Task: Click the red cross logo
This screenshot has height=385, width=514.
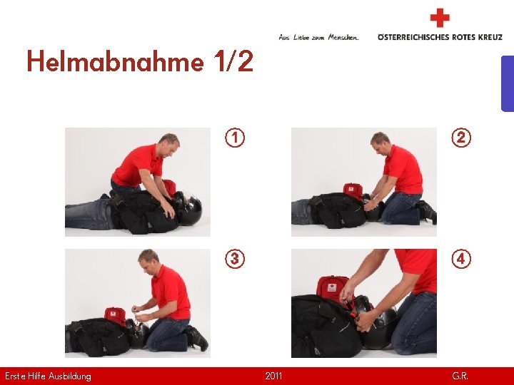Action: pyautogui.click(x=440, y=18)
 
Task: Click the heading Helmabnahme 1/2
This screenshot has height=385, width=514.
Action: pyautogui.click(x=140, y=61)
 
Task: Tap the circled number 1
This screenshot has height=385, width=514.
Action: pyautogui.click(x=235, y=138)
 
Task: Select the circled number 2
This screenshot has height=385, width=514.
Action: pyautogui.click(x=461, y=138)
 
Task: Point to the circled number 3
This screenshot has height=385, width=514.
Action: pyautogui.click(x=235, y=259)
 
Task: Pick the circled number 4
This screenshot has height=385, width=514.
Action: pyautogui.click(x=461, y=259)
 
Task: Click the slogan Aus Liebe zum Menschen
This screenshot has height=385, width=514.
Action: pyautogui.click(x=318, y=37)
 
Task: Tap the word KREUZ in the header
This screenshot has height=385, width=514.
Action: pyautogui.click(x=490, y=37)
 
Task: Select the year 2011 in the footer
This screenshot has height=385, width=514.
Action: pyautogui.click(x=273, y=376)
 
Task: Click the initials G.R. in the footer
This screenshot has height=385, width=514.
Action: pyautogui.click(x=460, y=376)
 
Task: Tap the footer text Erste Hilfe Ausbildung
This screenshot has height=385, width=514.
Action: pyautogui.click(x=49, y=376)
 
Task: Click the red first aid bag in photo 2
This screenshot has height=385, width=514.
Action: pyautogui.click(x=353, y=190)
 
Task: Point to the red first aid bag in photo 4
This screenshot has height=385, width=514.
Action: pyautogui.click(x=332, y=289)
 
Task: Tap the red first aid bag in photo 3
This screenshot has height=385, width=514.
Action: pyautogui.click(x=115, y=315)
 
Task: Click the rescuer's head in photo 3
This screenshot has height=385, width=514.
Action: pyautogui.click(x=148, y=261)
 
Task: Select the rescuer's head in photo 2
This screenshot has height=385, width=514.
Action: pyautogui.click(x=380, y=143)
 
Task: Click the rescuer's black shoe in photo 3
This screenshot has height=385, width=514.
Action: pyautogui.click(x=197, y=338)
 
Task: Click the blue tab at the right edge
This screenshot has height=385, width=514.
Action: pyautogui.click(x=508, y=84)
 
